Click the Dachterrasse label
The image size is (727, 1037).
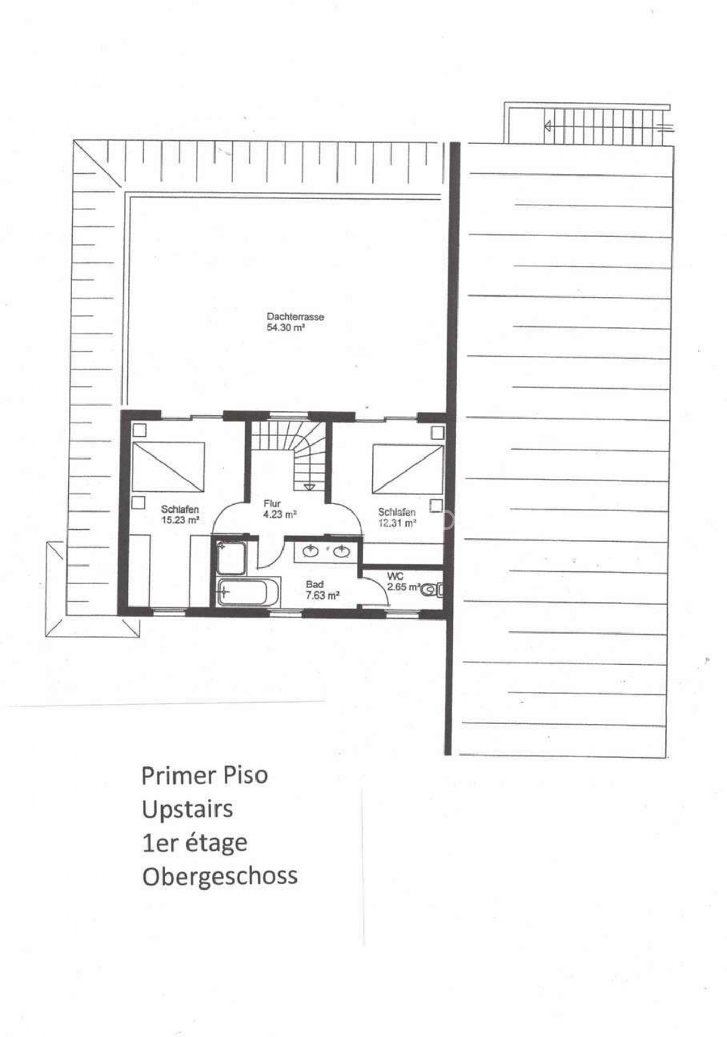click(295, 317)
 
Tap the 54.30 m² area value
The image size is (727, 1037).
click(286, 328)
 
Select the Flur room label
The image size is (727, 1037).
click(272, 504)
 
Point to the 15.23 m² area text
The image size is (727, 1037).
click(181, 520)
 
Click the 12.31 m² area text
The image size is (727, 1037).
click(397, 523)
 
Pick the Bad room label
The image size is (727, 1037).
click(315, 585)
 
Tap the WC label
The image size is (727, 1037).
click(395, 576)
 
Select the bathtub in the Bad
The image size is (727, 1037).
click(248, 591)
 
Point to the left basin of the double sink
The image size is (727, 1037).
click(311, 551)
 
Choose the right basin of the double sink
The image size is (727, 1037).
click(341, 551)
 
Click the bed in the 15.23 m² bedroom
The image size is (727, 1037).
click(168, 467)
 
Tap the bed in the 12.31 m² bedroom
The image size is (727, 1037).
click(408, 468)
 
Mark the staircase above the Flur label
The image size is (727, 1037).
click(288, 454)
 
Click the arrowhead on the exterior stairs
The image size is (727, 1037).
click(547, 126)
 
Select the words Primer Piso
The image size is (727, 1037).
click(205, 776)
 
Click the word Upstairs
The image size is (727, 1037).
click(187, 809)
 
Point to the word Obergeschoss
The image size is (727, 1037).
click(220, 876)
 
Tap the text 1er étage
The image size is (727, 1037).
click(195, 843)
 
